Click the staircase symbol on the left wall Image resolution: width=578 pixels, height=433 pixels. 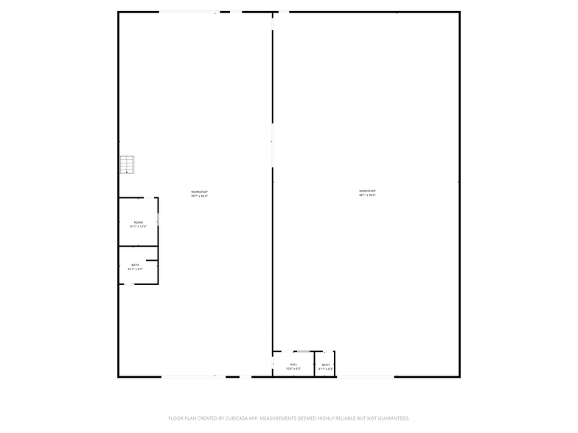[x=128, y=165]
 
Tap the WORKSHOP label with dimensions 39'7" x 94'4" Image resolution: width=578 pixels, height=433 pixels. [x=199, y=191]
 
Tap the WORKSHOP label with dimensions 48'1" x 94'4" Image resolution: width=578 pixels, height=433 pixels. [x=367, y=191]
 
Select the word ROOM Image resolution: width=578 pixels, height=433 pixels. [x=138, y=222]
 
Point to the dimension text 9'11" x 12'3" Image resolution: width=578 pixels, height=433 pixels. [x=138, y=226]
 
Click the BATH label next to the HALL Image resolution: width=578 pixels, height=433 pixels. [x=325, y=365]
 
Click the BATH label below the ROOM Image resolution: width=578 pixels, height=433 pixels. [x=135, y=265]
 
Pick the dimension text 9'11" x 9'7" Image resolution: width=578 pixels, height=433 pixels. [x=135, y=270]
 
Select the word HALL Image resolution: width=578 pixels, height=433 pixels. [x=293, y=365]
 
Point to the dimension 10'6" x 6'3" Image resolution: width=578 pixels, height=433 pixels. [x=293, y=369]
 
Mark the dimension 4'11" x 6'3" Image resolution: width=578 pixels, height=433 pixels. [x=325, y=369]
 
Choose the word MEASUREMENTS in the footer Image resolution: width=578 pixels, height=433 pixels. [x=279, y=418]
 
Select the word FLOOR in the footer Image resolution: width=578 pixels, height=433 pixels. [x=175, y=418]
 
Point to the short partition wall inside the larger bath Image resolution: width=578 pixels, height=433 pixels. [x=152, y=259]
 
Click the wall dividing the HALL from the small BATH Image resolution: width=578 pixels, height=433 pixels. [x=315, y=365]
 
